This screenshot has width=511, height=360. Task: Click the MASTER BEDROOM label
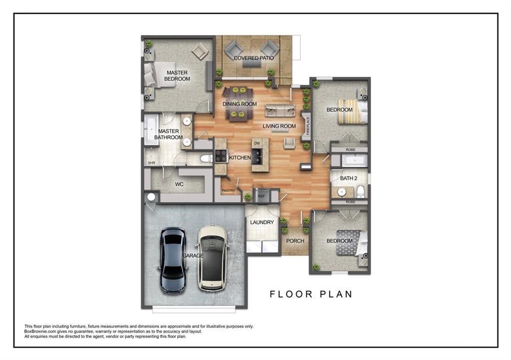coord(177,76)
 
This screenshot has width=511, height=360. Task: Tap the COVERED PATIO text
coord(254,58)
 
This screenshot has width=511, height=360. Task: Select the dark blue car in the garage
coord(173,260)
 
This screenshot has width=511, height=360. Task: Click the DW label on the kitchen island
coord(257,144)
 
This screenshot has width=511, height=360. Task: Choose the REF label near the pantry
coord(261,196)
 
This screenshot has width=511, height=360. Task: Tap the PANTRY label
coord(228,190)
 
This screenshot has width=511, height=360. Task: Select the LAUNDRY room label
coord(262,222)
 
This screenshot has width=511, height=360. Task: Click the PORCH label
coord(295,241)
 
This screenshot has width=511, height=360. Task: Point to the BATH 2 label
coord(349,178)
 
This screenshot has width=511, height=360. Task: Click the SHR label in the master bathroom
coord(151,163)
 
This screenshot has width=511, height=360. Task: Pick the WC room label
coord(180,184)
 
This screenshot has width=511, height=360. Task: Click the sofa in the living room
coord(280,111)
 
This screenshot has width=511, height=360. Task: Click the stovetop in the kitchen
coord(221,156)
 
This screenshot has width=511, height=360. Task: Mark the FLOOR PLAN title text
coord(311,294)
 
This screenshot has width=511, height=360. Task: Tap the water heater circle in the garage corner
coord(150,197)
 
